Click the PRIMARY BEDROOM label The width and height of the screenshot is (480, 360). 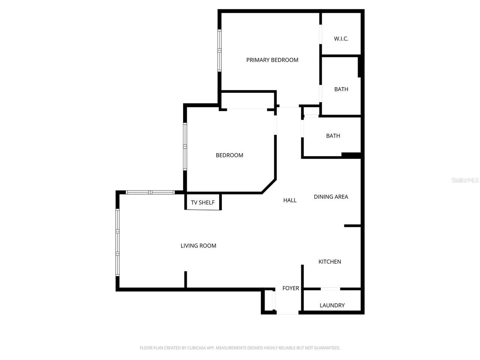[272, 60]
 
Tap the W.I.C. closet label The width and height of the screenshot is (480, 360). [341, 39]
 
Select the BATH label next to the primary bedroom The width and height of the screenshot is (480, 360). [341, 89]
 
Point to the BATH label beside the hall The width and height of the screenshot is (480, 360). [333, 136]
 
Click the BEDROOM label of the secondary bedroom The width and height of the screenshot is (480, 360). [229, 155]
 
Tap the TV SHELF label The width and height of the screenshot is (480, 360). [203, 202]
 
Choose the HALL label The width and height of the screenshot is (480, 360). [290, 200]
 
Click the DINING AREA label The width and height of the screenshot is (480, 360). [331, 197]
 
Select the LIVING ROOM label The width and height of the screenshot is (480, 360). [198, 246]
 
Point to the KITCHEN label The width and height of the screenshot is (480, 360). [330, 262]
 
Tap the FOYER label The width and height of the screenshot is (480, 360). [291, 288]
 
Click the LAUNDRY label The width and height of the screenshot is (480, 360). [332, 305]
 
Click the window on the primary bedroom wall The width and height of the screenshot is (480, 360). [219, 51]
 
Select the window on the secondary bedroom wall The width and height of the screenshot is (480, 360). [185, 147]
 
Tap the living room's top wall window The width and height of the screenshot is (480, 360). [150, 192]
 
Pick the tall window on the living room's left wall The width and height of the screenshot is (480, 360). [117, 242]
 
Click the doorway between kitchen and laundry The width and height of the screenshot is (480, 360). [330, 289]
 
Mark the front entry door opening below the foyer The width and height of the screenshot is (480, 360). [288, 313]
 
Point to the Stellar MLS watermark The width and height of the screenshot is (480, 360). [465, 180]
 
